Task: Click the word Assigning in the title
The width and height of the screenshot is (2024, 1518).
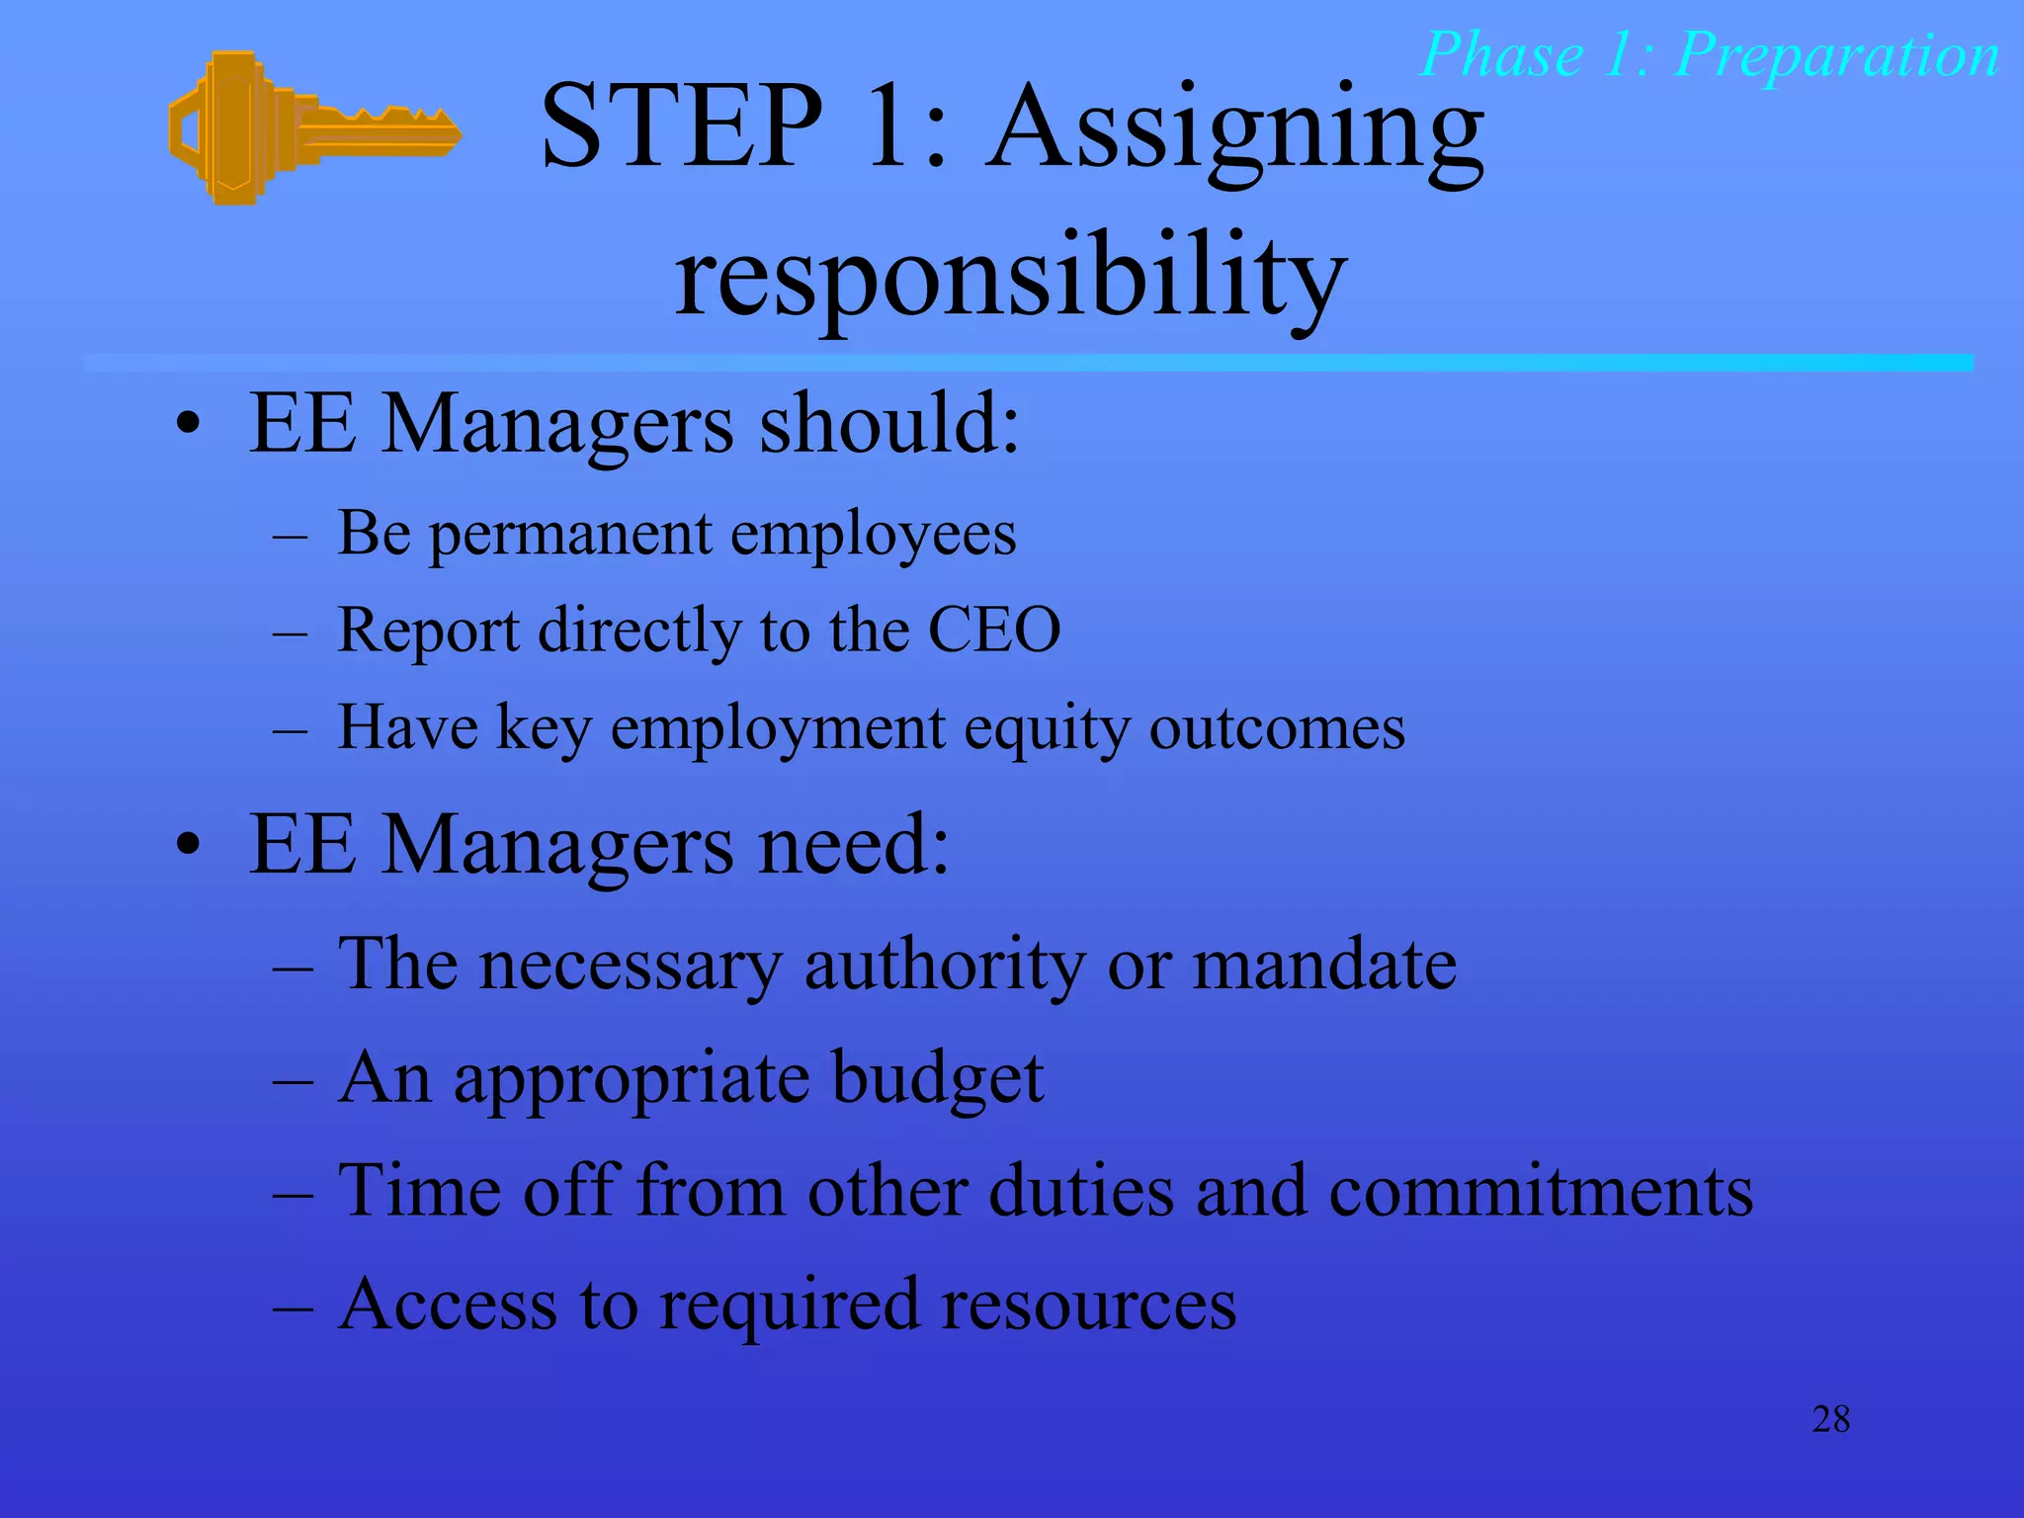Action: [x=1235, y=133]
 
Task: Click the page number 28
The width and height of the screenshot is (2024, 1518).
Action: [x=1830, y=1420]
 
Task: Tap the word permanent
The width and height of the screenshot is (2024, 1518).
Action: [x=570, y=536]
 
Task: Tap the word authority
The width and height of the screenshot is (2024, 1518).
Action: [x=944, y=965]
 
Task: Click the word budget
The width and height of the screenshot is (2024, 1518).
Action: [x=937, y=1079]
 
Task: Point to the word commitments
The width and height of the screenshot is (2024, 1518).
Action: [x=1540, y=1191]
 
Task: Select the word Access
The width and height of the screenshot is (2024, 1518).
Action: [x=448, y=1305]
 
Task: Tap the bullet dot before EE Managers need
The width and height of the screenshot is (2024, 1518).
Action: [x=188, y=848]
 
